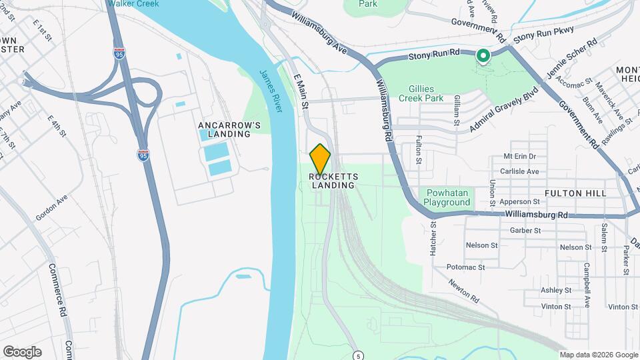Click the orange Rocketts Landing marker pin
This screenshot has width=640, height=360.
(321, 159)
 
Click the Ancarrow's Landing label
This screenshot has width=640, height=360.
(224, 129)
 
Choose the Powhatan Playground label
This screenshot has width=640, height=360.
(447, 197)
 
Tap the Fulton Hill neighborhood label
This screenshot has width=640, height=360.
(575, 193)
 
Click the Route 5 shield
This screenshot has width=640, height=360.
(359, 354)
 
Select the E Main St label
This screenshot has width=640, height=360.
(301, 92)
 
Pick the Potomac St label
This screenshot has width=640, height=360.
(466, 267)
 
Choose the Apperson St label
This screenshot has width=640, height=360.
(523, 201)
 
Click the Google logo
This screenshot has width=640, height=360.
(22, 351)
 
